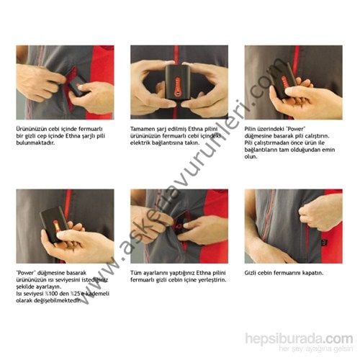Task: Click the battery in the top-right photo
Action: pyautogui.click(x=285, y=80)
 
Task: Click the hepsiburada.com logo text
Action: pyautogui.click(x=298, y=338)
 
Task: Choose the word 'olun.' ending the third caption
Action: pyautogui.click(x=251, y=156)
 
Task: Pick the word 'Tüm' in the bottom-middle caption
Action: pyautogui.click(x=136, y=273)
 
